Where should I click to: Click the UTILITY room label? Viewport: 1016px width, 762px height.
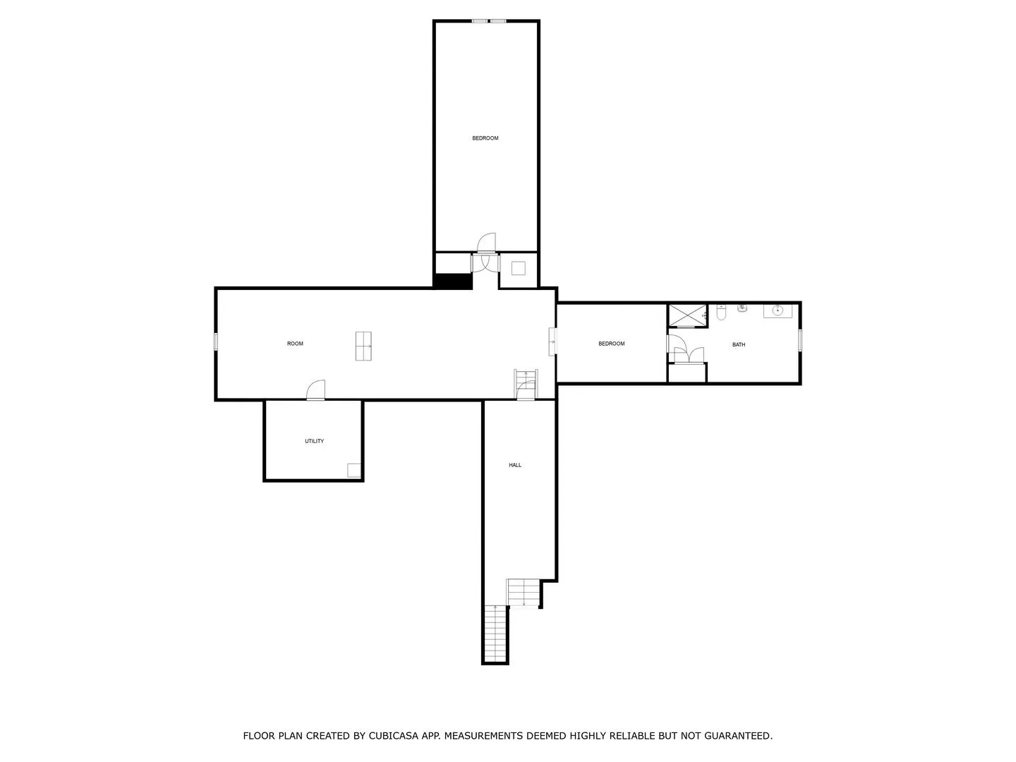point(314,441)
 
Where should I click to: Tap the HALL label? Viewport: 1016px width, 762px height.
point(515,465)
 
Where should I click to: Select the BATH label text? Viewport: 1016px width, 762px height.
point(738,345)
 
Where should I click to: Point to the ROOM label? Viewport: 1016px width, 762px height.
point(295,344)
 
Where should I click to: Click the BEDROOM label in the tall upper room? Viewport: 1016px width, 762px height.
point(485,138)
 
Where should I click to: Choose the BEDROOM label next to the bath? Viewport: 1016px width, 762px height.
point(612,344)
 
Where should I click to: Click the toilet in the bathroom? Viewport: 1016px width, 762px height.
point(720,313)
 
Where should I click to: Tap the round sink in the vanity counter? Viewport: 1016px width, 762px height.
point(777,310)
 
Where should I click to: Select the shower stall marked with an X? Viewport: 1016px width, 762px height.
point(687,315)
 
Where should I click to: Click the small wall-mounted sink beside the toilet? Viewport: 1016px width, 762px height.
point(742,308)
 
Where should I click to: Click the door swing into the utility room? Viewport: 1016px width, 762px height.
point(315,389)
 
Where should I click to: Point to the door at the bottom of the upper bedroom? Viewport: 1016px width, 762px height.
point(486,243)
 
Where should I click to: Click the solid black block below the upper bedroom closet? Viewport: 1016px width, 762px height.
point(453,282)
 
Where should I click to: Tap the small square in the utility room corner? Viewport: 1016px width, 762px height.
point(354,470)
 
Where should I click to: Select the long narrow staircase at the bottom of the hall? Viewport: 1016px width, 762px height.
point(495,634)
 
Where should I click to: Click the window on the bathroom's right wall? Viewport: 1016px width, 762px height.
point(800,340)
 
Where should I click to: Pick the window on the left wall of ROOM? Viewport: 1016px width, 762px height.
point(216,341)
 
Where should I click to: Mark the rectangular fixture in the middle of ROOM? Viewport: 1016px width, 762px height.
point(363,346)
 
